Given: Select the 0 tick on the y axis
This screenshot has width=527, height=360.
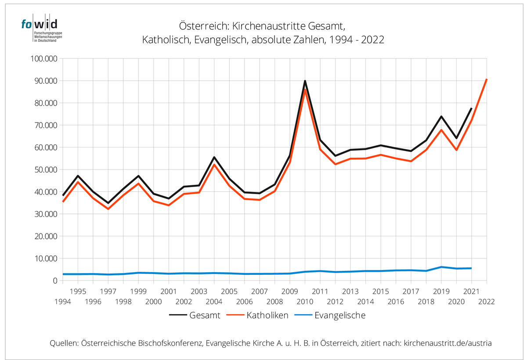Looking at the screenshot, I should pos(54,281).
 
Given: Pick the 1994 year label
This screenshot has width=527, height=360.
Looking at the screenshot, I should pos(63,302).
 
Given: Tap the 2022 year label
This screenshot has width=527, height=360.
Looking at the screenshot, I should pos(487,302).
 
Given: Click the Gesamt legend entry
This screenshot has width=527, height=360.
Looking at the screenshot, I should pos(194,315).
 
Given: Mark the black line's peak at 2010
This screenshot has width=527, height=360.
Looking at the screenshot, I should pos(304,81).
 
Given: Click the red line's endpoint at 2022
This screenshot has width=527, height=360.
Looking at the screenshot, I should pos(487,79).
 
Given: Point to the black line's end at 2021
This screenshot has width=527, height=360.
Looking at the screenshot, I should pos(471,108).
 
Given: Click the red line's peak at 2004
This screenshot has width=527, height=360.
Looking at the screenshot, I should pos(214,165).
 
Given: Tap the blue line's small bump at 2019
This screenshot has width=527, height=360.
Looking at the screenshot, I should pos(441,267).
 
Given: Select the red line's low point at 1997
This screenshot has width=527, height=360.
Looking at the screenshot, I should pos(108,209).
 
